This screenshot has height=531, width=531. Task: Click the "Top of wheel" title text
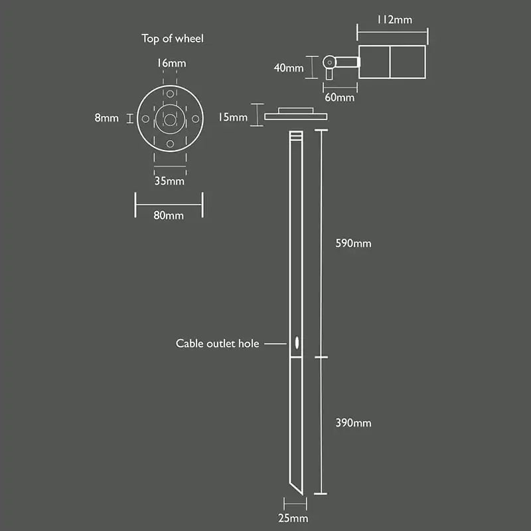click(x=173, y=38)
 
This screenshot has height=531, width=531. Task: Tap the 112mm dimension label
click(x=394, y=20)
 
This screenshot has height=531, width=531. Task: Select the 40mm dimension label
click(x=289, y=67)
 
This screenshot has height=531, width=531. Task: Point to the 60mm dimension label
click(x=339, y=98)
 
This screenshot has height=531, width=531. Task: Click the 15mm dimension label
click(x=233, y=117)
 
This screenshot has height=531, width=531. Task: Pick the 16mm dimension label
click(x=171, y=63)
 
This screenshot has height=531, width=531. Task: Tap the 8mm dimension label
click(x=106, y=118)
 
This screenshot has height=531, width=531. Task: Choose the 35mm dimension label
click(x=170, y=181)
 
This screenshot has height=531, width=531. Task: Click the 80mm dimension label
click(x=169, y=215)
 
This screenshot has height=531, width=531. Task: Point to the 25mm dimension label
click(x=294, y=518)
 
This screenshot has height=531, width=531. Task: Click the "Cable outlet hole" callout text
click(x=217, y=344)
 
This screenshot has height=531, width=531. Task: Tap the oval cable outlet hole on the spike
click(x=296, y=344)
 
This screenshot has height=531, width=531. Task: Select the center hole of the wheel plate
click(x=170, y=119)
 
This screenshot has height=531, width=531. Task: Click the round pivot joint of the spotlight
click(x=329, y=63)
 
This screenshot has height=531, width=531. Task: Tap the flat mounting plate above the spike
click(x=295, y=115)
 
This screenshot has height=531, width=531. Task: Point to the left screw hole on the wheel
click(x=145, y=119)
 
